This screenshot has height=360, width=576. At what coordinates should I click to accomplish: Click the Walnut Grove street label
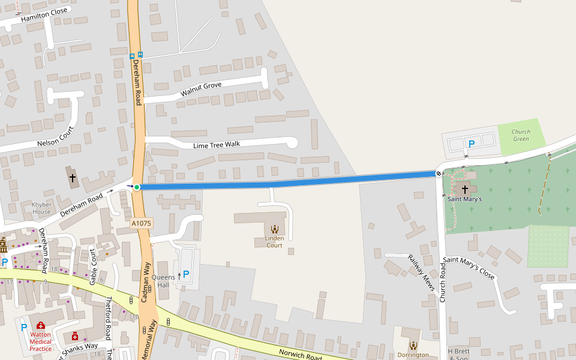(201, 89)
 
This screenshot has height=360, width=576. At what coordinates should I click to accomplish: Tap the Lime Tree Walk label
(217, 145)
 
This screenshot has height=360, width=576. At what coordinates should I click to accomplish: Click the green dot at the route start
(137, 187)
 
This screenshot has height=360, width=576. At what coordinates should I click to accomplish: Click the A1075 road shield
(142, 223)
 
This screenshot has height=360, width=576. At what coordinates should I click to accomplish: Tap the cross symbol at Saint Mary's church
(464, 189)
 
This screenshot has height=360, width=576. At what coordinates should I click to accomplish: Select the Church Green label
(521, 136)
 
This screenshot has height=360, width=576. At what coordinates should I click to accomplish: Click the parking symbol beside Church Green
(472, 143)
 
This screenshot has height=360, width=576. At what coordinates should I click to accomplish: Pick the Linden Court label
(274, 242)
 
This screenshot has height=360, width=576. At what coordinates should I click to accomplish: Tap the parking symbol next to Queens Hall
(185, 274)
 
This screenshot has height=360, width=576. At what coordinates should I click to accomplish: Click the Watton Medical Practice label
(40, 341)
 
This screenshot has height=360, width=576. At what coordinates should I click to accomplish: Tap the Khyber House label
(41, 208)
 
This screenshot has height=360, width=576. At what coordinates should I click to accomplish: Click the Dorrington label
(413, 355)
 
